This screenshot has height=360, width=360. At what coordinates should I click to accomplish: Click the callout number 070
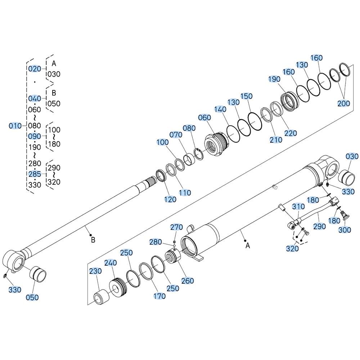tap(176, 135)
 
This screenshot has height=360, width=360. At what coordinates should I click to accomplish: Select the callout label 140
tap(220, 109)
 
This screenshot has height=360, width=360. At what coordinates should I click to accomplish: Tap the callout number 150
tap(246, 96)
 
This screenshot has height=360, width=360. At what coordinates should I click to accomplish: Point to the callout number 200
tap(343, 103)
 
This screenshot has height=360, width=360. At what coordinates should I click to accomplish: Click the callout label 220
tap(291, 133)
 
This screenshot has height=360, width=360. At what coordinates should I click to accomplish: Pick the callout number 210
tap(276, 140)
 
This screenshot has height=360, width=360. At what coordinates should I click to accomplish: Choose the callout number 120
tap(170, 199)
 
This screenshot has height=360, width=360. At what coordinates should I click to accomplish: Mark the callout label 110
tap(185, 192)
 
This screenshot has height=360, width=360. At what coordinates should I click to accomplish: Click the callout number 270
tap(176, 227)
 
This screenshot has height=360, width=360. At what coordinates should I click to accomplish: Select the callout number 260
tap(188, 280)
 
